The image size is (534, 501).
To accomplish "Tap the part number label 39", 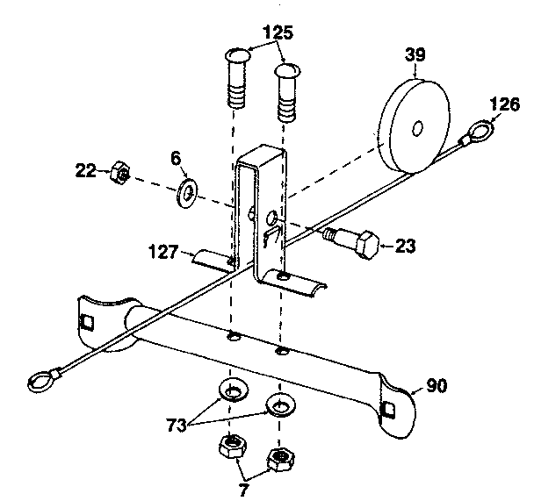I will click(415, 54).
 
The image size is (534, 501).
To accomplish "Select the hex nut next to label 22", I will click(119, 175).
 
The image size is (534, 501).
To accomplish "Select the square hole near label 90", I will click(389, 407).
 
